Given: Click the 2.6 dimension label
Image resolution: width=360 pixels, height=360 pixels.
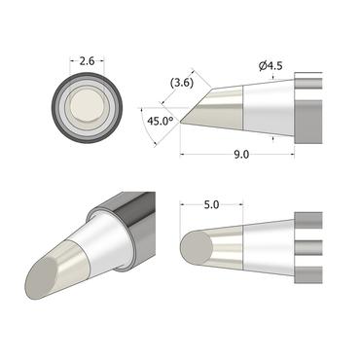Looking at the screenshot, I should click(86, 61).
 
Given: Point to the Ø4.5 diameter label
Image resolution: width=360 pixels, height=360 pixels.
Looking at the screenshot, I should click(272, 66).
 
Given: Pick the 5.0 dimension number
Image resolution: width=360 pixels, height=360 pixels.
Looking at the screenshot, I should click(213, 206).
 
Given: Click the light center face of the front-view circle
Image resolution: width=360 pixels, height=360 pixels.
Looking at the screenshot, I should click(86, 108).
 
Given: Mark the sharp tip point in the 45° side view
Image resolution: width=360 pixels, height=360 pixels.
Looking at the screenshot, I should click(181, 121).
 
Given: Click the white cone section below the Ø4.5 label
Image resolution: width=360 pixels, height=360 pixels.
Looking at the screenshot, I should click(265, 110).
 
